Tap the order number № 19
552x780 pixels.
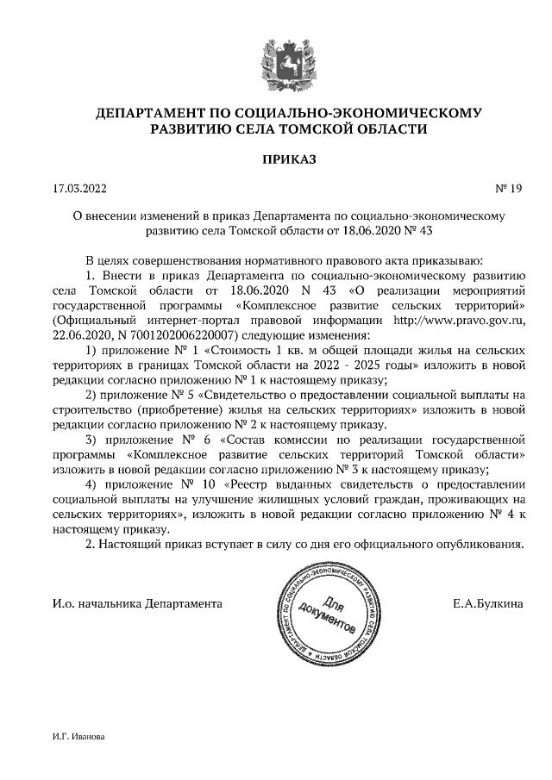coord(510,187)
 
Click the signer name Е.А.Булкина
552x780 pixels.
coord(487,604)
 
